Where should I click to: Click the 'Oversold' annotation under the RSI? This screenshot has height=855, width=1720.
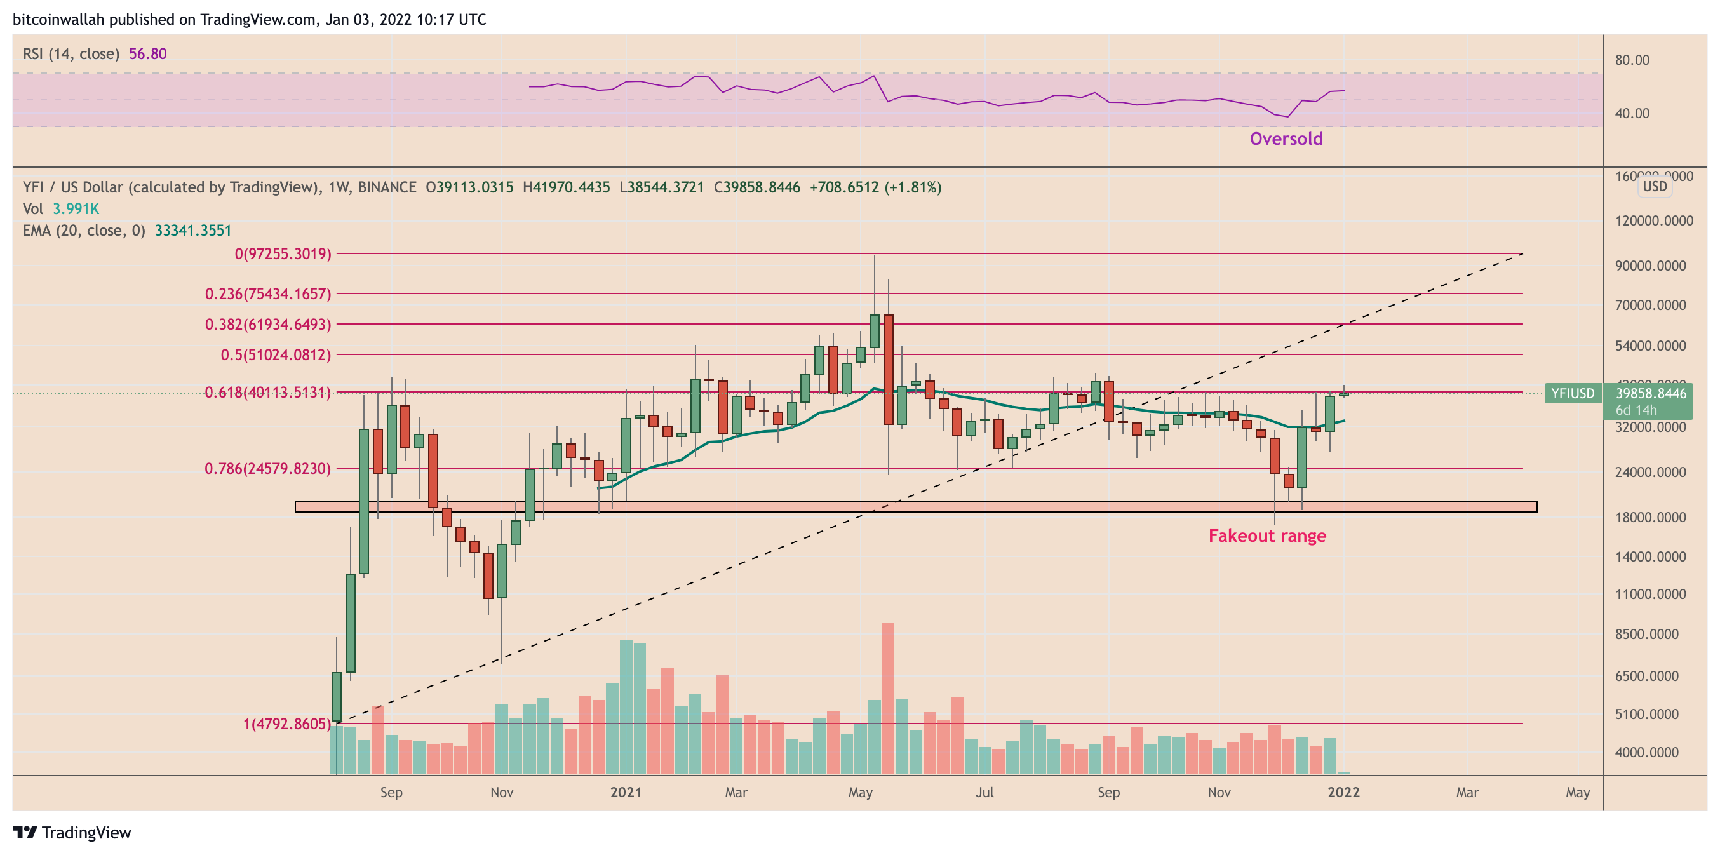1286,139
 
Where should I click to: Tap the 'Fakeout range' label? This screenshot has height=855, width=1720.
1266,535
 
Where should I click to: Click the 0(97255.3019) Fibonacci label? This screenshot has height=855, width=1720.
283,254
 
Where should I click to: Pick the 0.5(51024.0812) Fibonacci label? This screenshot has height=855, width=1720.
276,354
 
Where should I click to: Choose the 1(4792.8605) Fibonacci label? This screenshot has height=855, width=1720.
286,724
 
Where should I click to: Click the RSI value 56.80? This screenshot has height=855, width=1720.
147,54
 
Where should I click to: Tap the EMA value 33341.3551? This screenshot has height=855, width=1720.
193,231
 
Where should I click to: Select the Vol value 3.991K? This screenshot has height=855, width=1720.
76,209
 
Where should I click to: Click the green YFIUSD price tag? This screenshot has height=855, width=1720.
1573,393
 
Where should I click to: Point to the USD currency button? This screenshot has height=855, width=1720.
1655,186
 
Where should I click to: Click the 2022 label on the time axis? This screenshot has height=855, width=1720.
1343,792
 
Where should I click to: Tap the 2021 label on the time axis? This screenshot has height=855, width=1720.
626,792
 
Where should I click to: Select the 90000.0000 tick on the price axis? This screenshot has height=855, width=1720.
1650,266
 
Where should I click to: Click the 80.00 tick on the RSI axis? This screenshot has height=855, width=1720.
1632,60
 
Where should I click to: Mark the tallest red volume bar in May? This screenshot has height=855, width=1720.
888,698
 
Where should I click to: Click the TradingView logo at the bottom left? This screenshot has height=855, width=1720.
72,833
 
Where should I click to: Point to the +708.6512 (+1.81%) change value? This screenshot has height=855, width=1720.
875,187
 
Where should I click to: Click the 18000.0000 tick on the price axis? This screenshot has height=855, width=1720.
1650,518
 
